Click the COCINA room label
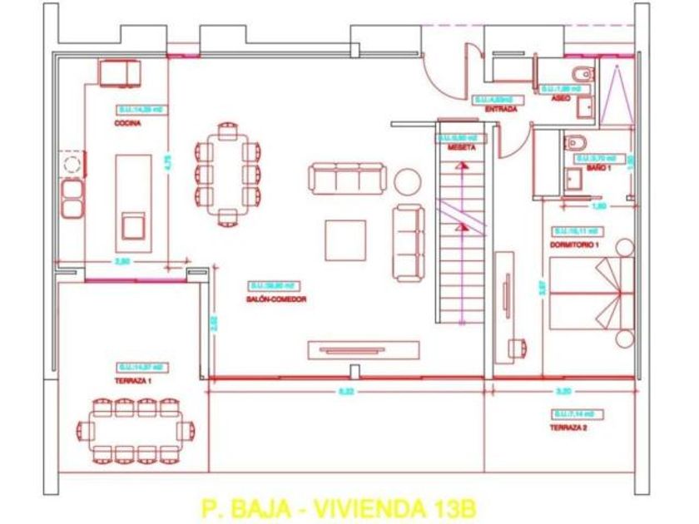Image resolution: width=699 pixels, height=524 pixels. point(128,123)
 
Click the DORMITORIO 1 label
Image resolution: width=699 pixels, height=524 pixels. point(573,244)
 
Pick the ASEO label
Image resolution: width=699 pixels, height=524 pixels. point(561,98)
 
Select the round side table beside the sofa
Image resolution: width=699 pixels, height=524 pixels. point(409,180)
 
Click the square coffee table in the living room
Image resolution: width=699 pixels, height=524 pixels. point(345,240)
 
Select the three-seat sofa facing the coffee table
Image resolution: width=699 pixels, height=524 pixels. point(349,176)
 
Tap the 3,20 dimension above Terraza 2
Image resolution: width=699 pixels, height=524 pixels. point(563,390)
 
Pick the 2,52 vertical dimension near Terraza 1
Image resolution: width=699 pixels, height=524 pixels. point(214,323)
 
